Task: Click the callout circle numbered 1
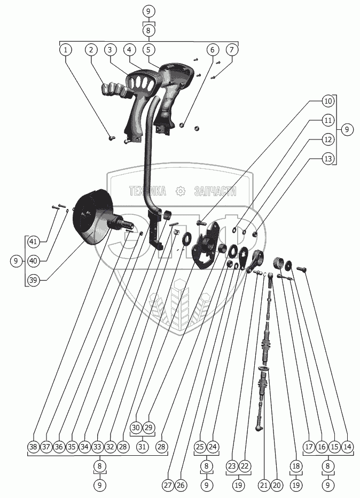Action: click(x=66, y=50)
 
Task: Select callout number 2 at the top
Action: click(x=91, y=50)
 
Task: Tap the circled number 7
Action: click(x=231, y=50)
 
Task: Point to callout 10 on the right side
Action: click(x=328, y=100)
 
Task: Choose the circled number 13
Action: click(x=328, y=158)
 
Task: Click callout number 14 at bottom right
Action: click(x=347, y=446)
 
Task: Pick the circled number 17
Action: click(x=308, y=446)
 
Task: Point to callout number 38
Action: click(x=34, y=446)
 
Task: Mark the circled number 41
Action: click(x=34, y=242)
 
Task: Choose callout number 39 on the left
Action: click(x=34, y=279)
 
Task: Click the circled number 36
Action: click(x=59, y=446)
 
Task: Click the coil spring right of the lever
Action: click(x=278, y=262)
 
